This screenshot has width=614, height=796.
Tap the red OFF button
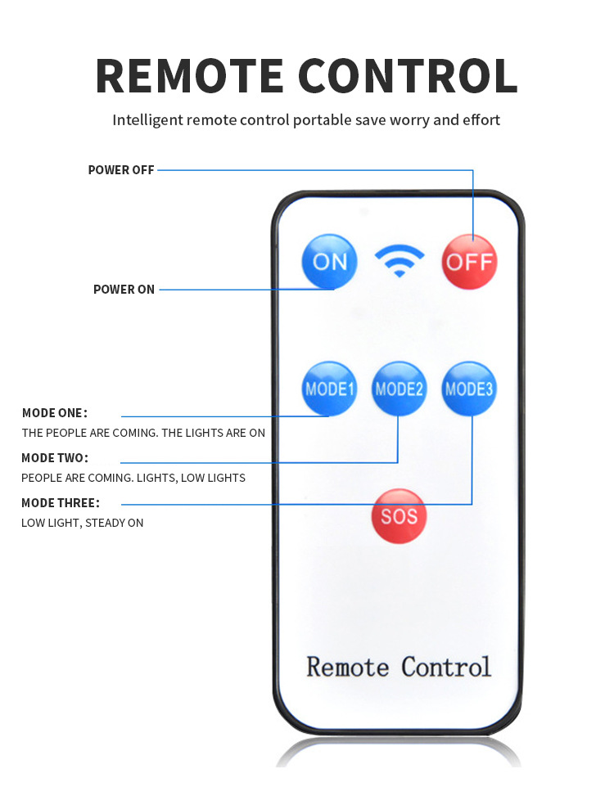[x=470, y=262]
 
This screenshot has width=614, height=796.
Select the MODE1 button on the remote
[x=330, y=389]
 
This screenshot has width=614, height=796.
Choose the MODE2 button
[x=400, y=389]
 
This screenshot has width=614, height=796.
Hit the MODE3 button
[x=470, y=389]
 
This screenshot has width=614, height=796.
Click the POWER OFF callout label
[x=121, y=170]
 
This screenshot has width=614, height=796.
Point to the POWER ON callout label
[x=124, y=290]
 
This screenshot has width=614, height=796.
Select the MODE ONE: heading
[x=54, y=412]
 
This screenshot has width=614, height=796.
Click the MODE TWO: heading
[x=54, y=457]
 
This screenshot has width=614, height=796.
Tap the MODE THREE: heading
[x=61, y=502]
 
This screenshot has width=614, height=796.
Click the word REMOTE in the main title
[x=189, y=75]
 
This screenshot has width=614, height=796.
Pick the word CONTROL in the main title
[x=408, y=75]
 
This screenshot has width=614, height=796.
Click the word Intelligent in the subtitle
[x=147, y=120]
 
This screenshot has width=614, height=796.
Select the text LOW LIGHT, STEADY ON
[x=82, y=523]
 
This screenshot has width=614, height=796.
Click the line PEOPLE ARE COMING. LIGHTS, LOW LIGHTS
[x=133, y=478]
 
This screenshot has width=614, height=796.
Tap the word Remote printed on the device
[x=348, y=667]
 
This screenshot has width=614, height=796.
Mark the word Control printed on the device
[x=446, y=667]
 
